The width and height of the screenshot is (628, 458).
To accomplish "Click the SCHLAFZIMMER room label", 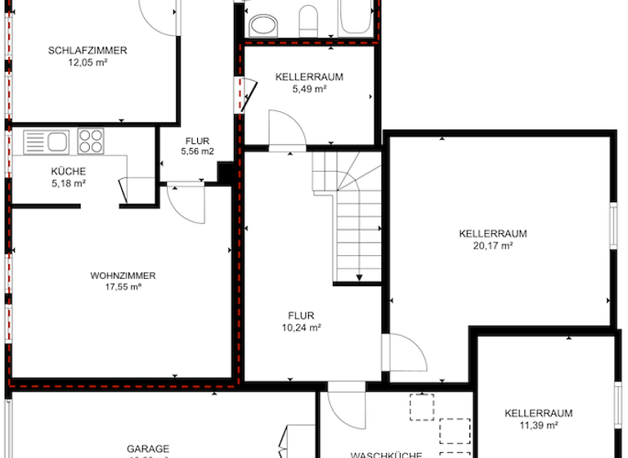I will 87,51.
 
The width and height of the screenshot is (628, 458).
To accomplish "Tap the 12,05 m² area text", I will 87,62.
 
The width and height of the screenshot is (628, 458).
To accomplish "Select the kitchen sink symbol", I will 46,141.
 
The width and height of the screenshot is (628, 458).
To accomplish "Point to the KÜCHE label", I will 69,172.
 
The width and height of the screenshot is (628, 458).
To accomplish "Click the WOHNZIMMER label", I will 123,276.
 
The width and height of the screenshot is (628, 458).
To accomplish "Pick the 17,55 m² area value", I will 123,287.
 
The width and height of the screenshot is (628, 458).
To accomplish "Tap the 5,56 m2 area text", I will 197,151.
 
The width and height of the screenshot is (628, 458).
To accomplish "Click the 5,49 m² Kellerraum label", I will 308,88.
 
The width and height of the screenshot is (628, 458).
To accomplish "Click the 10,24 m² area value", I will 301,326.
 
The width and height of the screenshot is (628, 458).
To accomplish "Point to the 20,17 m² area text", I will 493,245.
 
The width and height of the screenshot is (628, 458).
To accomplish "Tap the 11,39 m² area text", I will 538,424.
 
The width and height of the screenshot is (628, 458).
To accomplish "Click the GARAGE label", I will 148,448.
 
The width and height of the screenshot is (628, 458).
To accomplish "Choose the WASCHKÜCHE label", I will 385,454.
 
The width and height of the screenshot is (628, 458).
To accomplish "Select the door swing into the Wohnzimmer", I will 187,203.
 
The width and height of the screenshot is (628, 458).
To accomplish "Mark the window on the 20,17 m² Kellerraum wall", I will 612,227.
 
